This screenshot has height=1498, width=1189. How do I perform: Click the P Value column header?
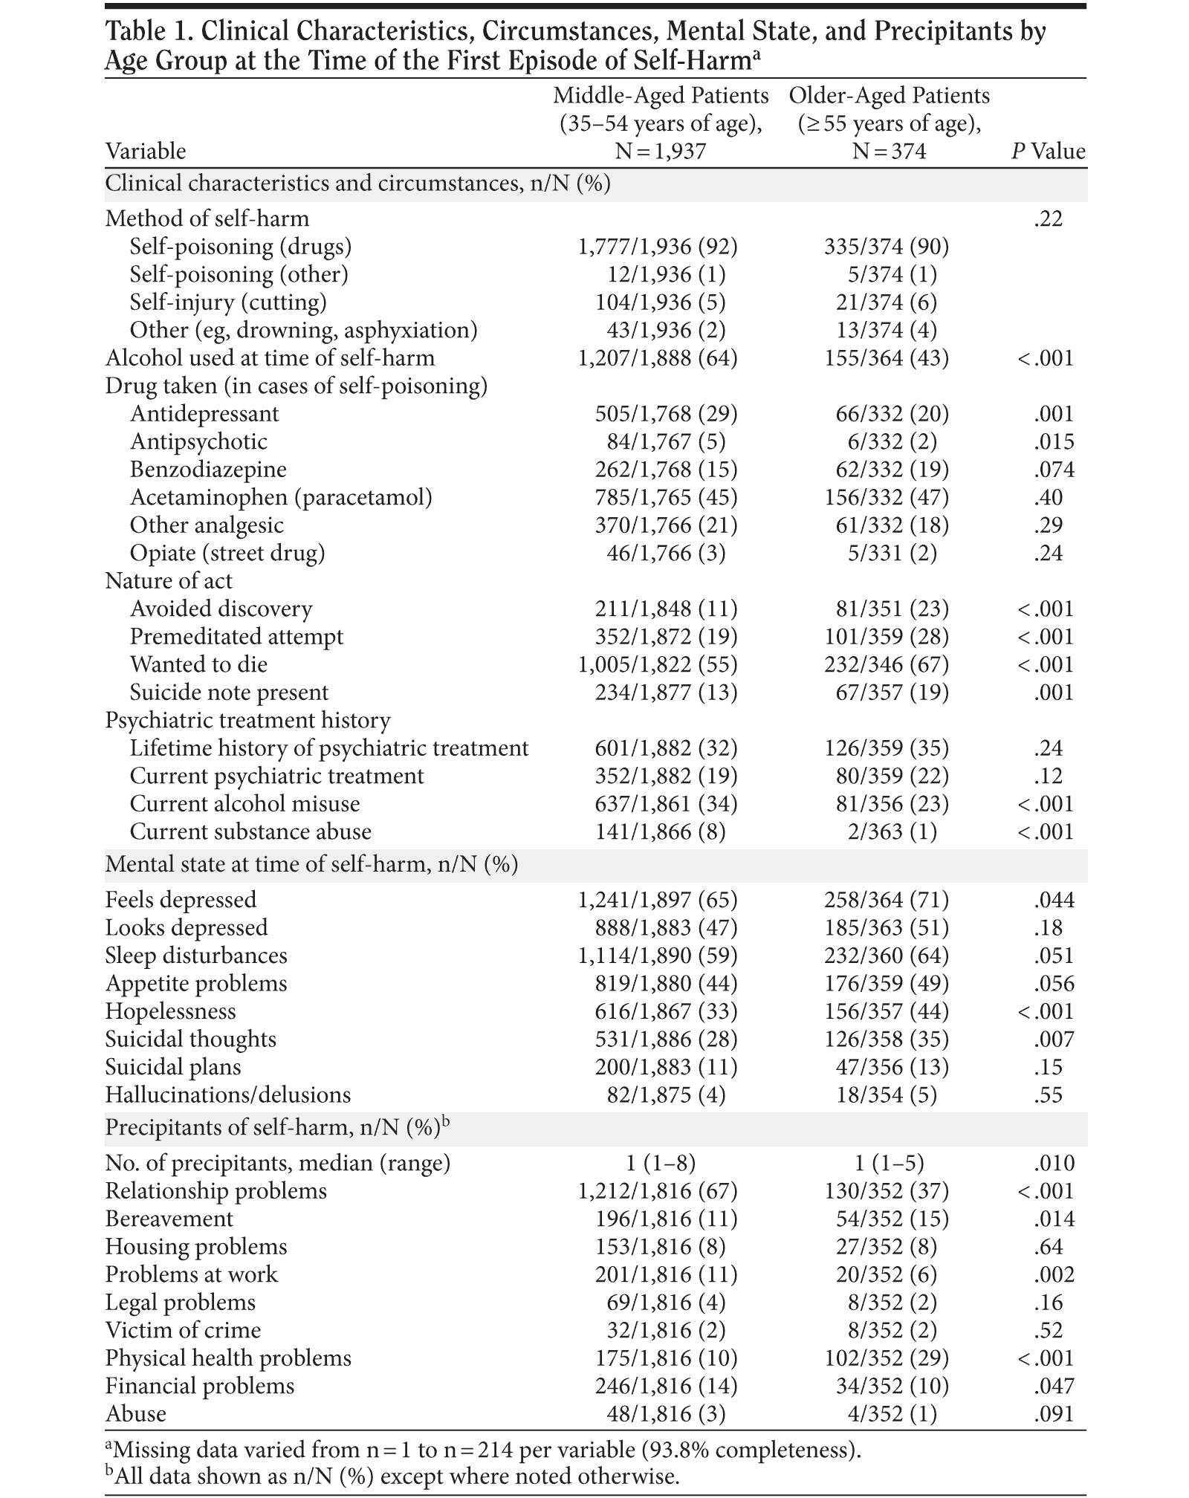click(1048, 152)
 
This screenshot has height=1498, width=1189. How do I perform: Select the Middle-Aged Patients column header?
click(661, 123)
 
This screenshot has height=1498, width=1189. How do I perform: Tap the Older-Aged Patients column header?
click(889, 123)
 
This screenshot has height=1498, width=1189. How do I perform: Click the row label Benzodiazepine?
click(208, 470)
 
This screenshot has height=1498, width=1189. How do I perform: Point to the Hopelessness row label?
click(170, 1011)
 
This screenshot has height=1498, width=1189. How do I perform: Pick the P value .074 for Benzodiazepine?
click(1054, 470)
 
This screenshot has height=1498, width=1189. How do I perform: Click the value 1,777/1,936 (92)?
click(658, 247)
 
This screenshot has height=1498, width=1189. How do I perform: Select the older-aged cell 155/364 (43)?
click(887, 358)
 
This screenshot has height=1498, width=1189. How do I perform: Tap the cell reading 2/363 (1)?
click(892, 831)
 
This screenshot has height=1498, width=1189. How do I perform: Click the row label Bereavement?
click(169, 1219)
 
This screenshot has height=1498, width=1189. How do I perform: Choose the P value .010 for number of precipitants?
click(1054, 1163)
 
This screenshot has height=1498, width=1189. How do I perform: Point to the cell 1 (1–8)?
click(660, 1163)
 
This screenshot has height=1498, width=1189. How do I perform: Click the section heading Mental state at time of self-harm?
click(311, 865)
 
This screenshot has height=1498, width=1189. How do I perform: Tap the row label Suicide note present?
click(229, 693)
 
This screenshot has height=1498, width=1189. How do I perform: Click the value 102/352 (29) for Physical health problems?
click(887, 1358)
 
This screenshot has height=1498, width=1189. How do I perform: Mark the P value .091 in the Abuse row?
click(1054, 1414)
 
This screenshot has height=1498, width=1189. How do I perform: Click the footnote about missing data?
click(483, 1450)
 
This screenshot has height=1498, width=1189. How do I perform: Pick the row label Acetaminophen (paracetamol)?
click(281, 497)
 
